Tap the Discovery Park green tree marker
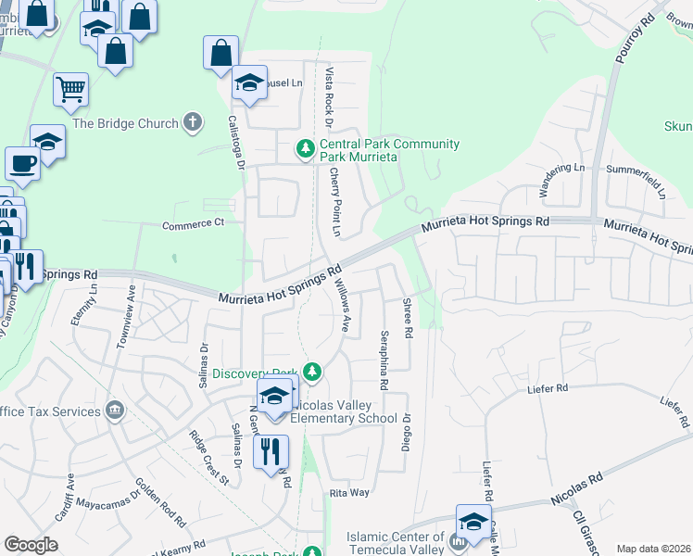click(312, 373)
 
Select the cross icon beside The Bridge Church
click(193, 122)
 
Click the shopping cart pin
click(70, 90)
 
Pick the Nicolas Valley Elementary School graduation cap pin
click(275, 397)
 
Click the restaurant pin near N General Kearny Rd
click(271, 451)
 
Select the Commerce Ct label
click(194, 223)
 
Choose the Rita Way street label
click(349, 493)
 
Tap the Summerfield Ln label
click(636, 170)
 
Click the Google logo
click(31, 545)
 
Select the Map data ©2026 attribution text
click(653, 549)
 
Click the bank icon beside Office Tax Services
click(115, 409)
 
